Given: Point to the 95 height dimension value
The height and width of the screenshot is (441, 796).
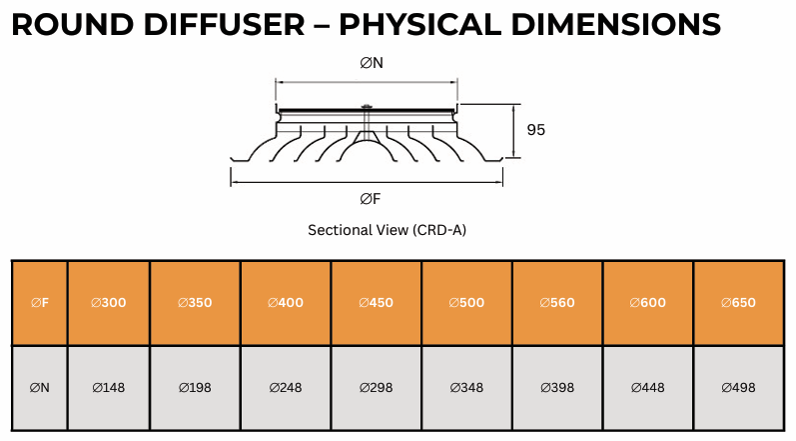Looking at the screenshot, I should point(535,130).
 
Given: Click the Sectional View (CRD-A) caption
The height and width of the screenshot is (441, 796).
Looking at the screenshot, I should point(387,230).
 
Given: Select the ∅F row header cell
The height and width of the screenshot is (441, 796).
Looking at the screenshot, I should point(40,303).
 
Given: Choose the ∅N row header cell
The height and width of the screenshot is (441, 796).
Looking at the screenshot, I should point(40,387).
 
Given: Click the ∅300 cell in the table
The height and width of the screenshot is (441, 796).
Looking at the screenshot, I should point(109,303).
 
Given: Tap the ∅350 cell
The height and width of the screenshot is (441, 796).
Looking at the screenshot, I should point(195,303).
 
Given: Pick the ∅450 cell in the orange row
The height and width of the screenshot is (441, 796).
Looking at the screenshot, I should point(376,303).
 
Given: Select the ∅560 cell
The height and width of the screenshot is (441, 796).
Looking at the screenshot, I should point(557,303).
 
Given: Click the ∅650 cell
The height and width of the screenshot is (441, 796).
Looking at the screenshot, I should point(738,303).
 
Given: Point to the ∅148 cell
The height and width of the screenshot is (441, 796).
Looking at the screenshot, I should point(109,387).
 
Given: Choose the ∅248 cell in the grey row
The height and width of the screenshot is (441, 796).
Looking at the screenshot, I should point(286,387).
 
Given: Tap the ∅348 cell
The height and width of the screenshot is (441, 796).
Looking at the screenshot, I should point(466,387).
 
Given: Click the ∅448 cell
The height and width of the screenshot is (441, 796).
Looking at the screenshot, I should point(648,387).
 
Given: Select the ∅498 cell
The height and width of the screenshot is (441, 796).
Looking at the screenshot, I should point(738,387).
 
